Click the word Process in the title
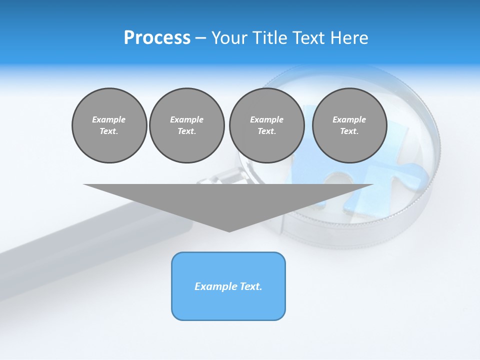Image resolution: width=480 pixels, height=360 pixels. pos(157,38)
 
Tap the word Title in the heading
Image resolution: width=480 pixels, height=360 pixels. pos(268,38)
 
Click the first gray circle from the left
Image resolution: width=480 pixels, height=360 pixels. pos(109,125)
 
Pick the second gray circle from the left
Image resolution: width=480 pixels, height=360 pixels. pos(186,125)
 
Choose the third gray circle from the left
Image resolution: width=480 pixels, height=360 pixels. pos(266,125)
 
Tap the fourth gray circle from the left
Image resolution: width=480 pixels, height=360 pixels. pos(349,125)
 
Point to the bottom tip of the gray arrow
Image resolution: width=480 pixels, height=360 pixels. pos(229,231)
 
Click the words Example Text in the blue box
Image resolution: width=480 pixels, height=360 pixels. pos(228,286)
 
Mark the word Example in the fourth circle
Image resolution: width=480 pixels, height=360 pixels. pos(349,119)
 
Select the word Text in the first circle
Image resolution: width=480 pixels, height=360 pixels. pos(109,131)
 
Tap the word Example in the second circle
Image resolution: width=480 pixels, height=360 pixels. pos(186,119)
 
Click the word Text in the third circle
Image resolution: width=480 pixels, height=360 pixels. pos(266,131)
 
